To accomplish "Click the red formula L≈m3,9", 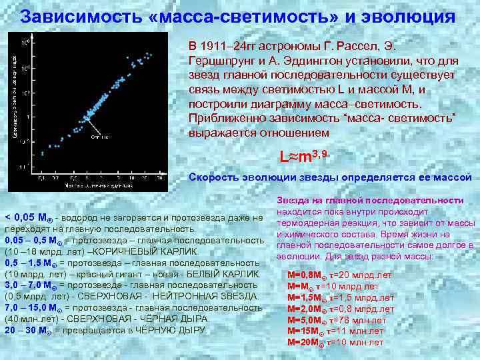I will [303, 157].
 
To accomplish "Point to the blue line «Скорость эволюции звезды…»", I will [330, 177].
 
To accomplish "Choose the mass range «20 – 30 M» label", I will [27, 330].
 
